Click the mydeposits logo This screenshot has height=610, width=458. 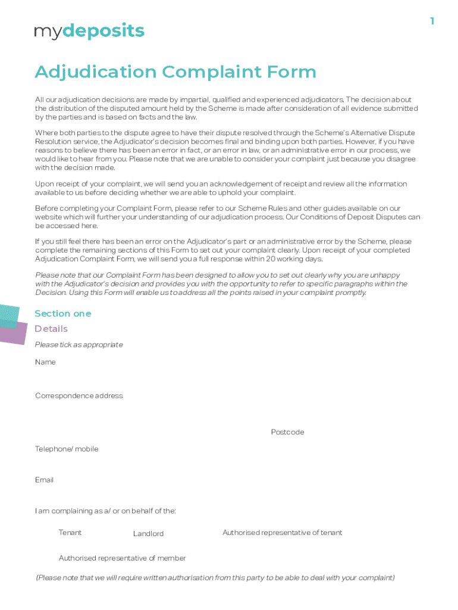point(89,32)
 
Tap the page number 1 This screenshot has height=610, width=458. point(432,21)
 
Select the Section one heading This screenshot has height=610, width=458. point(62,313)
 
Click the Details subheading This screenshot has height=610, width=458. point(51,329)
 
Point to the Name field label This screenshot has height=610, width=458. point(45,362)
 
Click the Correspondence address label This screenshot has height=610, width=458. point(79,396)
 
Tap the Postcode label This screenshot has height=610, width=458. point(287,432)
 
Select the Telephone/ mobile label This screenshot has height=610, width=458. point(67,449)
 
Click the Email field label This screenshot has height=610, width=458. point(44,480)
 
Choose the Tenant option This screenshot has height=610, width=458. point(70,533)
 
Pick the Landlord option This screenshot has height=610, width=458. point(148,534)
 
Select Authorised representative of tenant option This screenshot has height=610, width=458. point(282,533)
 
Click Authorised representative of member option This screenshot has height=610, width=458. point(122,558)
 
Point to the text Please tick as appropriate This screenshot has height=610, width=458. point(79,345)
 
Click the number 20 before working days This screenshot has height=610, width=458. point(271,259)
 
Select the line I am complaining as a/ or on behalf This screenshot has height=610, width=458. point(105,511)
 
